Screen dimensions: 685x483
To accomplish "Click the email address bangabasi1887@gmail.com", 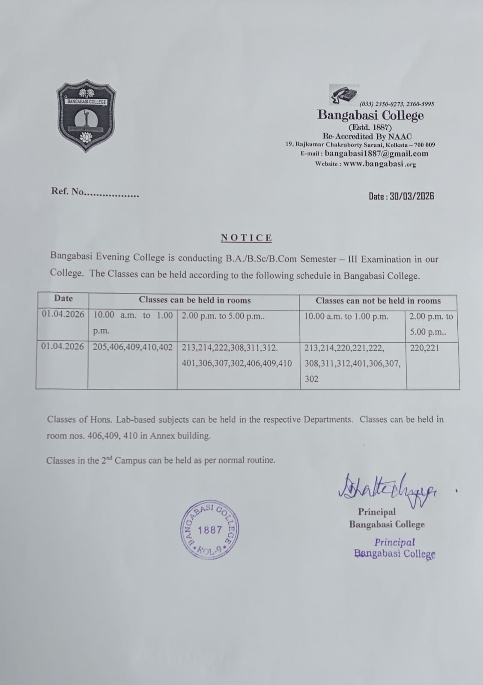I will point(376,154).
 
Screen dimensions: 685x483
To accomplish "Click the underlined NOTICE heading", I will point(246,238).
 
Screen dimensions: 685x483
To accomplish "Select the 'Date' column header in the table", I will point(63,298).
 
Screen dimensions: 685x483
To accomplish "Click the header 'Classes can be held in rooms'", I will point(195,300).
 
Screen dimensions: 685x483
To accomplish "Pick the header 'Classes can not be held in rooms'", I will point(378,301).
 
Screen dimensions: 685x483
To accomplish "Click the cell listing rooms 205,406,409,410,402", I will point(133,348).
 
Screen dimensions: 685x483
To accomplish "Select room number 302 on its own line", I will point(311,379).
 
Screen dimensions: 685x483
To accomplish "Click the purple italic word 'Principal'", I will point(394,542).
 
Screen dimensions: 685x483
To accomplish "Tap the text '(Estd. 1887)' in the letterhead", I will point(370,127).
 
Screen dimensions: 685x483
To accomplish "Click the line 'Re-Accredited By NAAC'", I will point(367,136).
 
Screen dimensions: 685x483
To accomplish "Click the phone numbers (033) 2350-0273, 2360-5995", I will point(397,104).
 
